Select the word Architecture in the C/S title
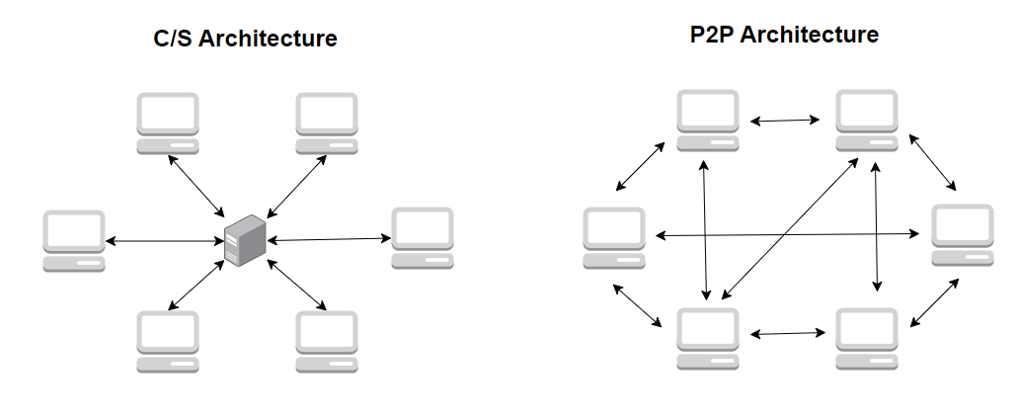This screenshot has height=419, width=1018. tap(274, 40)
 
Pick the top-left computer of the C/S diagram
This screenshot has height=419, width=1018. tap(168, 123)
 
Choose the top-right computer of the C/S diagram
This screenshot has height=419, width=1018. tap(327, 123)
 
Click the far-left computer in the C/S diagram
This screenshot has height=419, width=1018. tap(74, 239)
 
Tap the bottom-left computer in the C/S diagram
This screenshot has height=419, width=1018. tap(168, 341)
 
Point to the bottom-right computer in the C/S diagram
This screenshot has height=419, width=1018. tap(327, 341)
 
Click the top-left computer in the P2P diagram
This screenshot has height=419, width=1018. tap(708, 120)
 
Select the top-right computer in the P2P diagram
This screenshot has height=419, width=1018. tap(867, 120)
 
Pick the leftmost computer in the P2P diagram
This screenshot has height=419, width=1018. tap(613, 237)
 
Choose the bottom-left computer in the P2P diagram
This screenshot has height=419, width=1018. tap(708, 338)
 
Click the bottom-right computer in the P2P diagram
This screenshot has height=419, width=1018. tap(867, 338)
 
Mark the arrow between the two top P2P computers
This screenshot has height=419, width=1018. tap(786, 121)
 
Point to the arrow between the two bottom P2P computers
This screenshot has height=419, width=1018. tap(787, 334)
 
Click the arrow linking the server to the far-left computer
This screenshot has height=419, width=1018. tap(162, 240)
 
